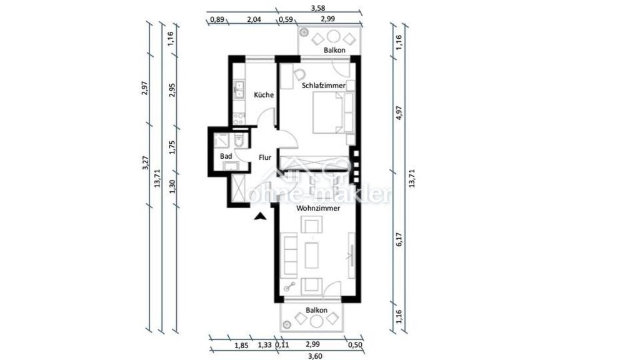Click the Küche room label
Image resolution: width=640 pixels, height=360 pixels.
tap(264, 95)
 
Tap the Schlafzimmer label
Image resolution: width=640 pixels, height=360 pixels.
tap(324, 86)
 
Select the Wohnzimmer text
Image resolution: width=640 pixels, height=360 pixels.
tap(318, 208)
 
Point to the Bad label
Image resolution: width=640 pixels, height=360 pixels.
tap(226, 156)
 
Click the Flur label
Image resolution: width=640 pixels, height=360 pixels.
tap(265, 157)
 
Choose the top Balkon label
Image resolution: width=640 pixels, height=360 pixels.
tap(334, 50)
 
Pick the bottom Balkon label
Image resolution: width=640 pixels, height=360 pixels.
tap(316, 310)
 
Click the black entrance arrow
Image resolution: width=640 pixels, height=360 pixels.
tap(260, 216)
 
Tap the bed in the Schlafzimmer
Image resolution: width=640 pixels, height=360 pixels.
tap(327, 112)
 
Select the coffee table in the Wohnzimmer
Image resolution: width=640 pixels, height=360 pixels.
tap(311, 255)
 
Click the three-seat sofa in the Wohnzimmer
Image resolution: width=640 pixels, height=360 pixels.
tap(290, 255)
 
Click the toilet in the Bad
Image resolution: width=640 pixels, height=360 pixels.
tap(239, 140)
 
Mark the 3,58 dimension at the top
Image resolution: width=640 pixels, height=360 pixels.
tap(318, 7)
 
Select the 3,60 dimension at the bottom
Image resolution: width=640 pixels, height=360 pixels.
tap(315, 356)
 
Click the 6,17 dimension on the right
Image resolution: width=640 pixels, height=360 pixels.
tap(399, 239)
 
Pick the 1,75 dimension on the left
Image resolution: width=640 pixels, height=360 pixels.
tap(172, 147)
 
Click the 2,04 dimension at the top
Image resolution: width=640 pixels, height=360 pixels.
tap(254, 19)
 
